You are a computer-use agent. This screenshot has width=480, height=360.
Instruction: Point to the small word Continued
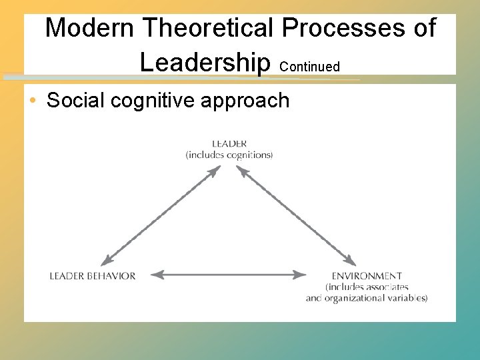pos(310,67)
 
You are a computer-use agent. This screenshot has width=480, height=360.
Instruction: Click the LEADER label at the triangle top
pos(229,143)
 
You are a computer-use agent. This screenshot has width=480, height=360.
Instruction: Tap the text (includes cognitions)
pos(229,155)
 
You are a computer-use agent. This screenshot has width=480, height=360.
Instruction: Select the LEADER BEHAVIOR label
pos(93,276)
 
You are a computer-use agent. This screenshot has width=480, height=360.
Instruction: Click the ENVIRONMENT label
pos(367,276)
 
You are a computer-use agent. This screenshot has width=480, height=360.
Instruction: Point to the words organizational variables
pos(376,298)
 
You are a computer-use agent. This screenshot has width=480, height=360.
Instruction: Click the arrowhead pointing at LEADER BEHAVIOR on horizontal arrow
pos(156,274)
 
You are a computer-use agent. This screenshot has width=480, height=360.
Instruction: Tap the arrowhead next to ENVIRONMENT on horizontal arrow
pos(301,274)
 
